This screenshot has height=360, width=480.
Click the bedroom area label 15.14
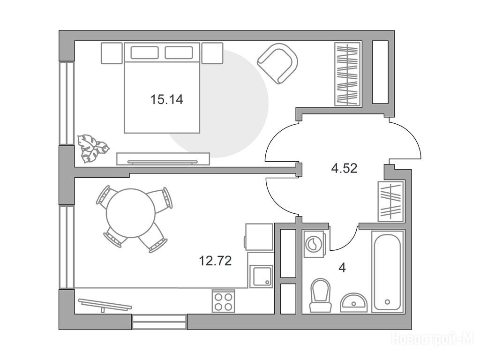coord(167,99)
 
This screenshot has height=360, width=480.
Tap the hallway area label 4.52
coord(345,168)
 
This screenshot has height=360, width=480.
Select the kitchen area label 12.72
coord(215,261)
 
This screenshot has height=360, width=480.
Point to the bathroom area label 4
coord(342,268)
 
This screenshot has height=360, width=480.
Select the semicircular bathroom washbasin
coord(353,302)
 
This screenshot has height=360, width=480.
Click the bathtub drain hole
coord(388,302)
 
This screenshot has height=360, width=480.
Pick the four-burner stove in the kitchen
coord(223,301)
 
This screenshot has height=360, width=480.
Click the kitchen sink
coord(261,277)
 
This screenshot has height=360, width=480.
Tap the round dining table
coord(131,213)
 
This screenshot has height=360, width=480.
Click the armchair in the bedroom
coord(277,63)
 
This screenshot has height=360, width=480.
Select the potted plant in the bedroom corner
coord(92,148)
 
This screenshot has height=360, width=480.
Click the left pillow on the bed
coord(144,52)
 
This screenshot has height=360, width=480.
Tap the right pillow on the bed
coord(179,52)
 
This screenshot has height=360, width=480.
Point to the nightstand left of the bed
coord(112,53)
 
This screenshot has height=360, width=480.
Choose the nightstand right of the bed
coord(212,53)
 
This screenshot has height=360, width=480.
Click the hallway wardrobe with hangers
coord(391,201)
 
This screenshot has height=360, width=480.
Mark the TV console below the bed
coord(163,159)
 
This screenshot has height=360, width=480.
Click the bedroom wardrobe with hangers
coord(348,74)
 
